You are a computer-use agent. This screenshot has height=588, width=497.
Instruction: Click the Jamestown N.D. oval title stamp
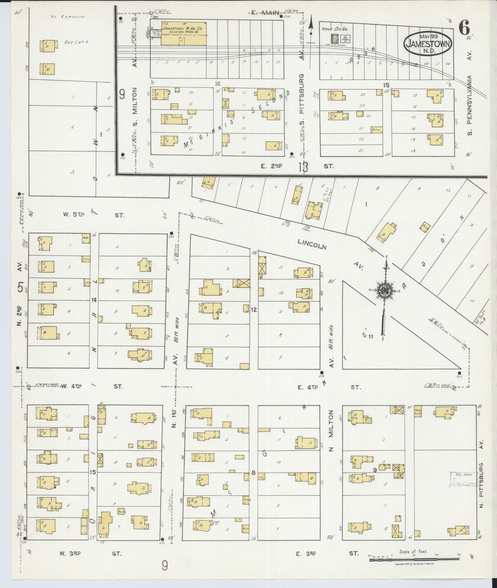[x=428, y=44]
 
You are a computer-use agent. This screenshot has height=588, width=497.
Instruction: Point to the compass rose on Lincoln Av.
[x=383, y=291]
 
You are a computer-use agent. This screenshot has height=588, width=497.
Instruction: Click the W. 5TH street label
[x=74, y=215]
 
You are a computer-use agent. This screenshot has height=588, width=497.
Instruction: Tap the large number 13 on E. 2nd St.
[x=303, y=167]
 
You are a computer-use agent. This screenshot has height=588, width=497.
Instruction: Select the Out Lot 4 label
[x=76, y=42]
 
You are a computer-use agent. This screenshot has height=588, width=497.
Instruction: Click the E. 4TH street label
[x=307, y=387]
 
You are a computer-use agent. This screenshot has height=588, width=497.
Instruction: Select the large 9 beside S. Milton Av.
[x=122, y=94]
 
